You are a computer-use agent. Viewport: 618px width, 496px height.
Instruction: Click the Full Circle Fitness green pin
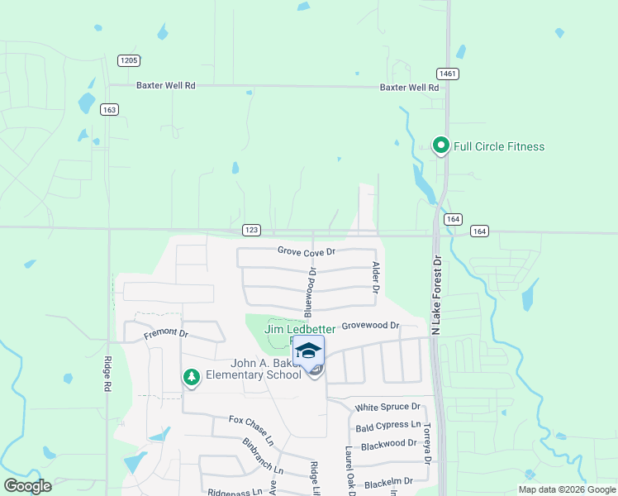(x=440, y=146)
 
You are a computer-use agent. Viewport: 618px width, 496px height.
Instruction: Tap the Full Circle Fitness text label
(x=499, y=147)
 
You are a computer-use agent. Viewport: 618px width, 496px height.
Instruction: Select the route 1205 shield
(x=129, y=60)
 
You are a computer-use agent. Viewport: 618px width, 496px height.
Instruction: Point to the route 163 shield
(x=110, y=109)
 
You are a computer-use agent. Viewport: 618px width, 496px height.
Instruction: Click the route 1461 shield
(x=449, y=74)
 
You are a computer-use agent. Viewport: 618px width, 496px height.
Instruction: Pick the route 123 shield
(x=253, y=229)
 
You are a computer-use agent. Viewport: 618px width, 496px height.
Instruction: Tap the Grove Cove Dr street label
(x=307, y=251)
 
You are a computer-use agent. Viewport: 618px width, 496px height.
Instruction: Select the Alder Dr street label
(x=375, y=279)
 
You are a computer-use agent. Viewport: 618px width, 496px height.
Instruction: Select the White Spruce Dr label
(x=387, y=408)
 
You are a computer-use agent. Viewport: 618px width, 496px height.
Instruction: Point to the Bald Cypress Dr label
(x=387, y=427)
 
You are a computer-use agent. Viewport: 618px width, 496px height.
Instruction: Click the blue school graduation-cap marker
(x=309, y=351)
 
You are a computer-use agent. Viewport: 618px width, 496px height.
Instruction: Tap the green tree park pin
(x=192, y=378)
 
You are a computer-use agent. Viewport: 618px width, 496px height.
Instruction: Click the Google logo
(x=27, y=485)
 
